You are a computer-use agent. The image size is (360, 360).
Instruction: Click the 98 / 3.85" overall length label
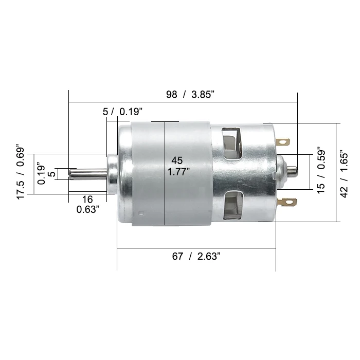click(x=190, y=95)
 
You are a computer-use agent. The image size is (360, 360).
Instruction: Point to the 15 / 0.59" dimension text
click(x=321, y=172)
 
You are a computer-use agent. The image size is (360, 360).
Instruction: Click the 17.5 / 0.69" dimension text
click(x=21, y=171)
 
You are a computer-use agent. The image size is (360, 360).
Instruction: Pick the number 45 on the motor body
click(x=177, y=160)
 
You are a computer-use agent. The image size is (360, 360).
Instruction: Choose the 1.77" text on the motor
click(x=178, y=172)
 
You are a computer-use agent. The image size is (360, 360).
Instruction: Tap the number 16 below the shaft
click(x=87, y=200)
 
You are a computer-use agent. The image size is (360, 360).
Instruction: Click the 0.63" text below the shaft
click(x=88, y=209)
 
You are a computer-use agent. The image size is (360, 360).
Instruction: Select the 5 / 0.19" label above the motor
click(x=122, y=112)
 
